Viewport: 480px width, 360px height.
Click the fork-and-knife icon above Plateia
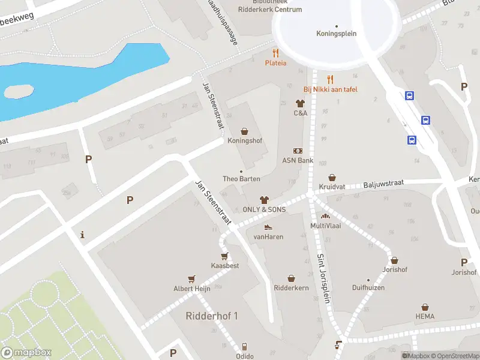click(275, 53)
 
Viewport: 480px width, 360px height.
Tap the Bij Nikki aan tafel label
click(329, 89)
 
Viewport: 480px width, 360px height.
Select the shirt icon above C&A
click(301, 103)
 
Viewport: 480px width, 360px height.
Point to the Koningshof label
click(245, 140)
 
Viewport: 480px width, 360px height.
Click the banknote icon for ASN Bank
click(298, 151)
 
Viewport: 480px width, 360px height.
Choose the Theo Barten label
click(241, 179)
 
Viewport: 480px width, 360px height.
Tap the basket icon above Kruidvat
click(332, 178)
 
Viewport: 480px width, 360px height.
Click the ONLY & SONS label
click(264, 209)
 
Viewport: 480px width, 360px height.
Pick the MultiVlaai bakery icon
click(325, 216)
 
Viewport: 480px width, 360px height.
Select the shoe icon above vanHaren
click(268, 227)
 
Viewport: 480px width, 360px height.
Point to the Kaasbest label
click(225, 265)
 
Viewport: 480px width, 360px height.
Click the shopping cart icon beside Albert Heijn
click(191, 278)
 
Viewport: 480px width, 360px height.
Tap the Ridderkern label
click(291, 288)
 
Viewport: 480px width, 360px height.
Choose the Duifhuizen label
click(368, 288)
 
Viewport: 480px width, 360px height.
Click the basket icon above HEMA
click(425, 307)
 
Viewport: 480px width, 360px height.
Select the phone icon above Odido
click(244, 347)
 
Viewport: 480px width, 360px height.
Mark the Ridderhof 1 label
click(212, 316)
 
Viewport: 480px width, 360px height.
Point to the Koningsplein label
click(336, 34)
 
